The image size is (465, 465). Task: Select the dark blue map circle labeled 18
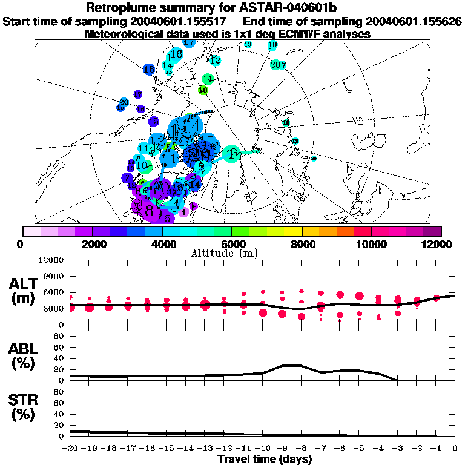pos(148,70)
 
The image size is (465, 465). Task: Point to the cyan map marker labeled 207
pos(278,64)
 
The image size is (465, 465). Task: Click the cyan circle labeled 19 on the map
pos(272,45)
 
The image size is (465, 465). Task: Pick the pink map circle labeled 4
pos(183,212)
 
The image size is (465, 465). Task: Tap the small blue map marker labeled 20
pos(124,102)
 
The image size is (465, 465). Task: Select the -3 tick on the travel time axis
pos(397,449)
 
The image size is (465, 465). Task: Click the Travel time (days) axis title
pos(265,460)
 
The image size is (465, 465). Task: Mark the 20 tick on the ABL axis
pos(59,369)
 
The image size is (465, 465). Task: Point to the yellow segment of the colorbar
pos(292,231)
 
